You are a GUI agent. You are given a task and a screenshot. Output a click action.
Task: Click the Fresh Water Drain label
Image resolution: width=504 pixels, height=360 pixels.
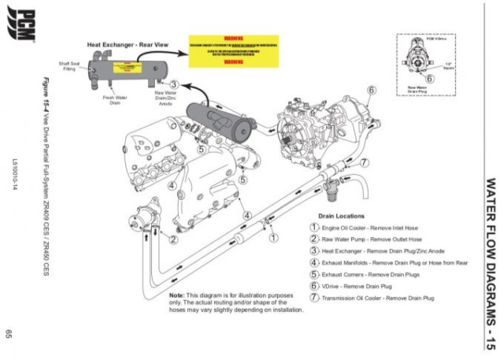[x=115, y=100]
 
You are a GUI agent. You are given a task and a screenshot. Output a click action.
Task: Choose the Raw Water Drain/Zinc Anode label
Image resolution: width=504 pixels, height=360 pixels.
[x=165, y=98]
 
